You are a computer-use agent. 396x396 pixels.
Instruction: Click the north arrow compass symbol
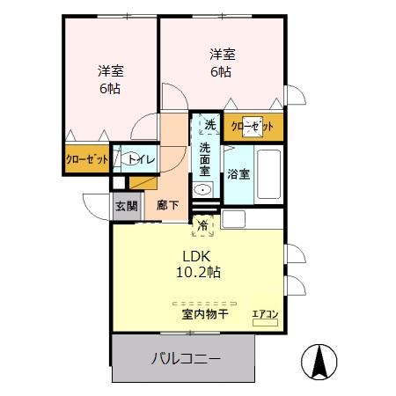(x=319, y=362)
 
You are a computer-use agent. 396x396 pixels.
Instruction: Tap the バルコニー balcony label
(x=186, y=359)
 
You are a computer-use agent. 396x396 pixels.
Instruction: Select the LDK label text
(x=196, y=257)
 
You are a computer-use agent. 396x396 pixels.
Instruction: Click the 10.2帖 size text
(x=198, y=273)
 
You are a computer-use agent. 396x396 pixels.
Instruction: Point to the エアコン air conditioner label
(x=265, y=314)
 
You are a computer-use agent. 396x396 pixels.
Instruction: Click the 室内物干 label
(x=205, y=314)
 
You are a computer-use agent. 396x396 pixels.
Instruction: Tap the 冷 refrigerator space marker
(x=202, y=225)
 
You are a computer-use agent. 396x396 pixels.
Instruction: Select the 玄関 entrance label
(x=127, y=206)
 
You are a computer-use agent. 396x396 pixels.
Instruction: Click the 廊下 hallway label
(x=167, y=205)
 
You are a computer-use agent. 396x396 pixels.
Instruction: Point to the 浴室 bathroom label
(x=238, y=174)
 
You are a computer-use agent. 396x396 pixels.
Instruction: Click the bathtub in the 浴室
(x=268, y=174)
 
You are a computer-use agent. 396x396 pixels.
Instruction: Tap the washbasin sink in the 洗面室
(x=202, y=190)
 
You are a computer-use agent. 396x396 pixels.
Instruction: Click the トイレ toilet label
(x=142, y=160)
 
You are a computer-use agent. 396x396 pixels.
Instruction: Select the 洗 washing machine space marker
(x=210, y=125)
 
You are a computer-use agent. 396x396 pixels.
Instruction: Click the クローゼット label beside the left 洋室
(x=87, y=159)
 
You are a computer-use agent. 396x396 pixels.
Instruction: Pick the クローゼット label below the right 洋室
(x=253, y=127)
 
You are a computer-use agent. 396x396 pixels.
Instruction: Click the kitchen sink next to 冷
(x=233, y=219)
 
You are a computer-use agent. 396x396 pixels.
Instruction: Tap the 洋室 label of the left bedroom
(x=111, y=71)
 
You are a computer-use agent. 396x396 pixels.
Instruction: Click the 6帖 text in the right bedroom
(x=221, y=72)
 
